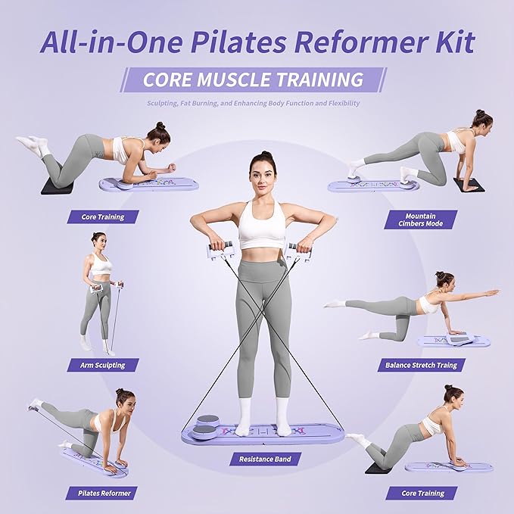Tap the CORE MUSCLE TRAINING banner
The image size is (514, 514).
(254, 79)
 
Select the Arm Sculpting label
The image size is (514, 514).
(103, 365)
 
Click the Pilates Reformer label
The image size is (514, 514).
(104, 493)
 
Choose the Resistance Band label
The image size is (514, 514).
(265, 459)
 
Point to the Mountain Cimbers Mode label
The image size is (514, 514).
(421, 220)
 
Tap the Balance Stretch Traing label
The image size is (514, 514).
(421, 365)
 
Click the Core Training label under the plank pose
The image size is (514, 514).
(103, 217)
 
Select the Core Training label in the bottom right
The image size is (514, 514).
(422, 493)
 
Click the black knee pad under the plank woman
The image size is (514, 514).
(58, 186)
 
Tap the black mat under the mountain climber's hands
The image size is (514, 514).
(469, 185)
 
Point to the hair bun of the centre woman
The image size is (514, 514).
(265, 154)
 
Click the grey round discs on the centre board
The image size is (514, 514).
(207, 426)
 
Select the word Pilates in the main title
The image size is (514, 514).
(238, 42)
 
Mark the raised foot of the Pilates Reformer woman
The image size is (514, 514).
(35, 404)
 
